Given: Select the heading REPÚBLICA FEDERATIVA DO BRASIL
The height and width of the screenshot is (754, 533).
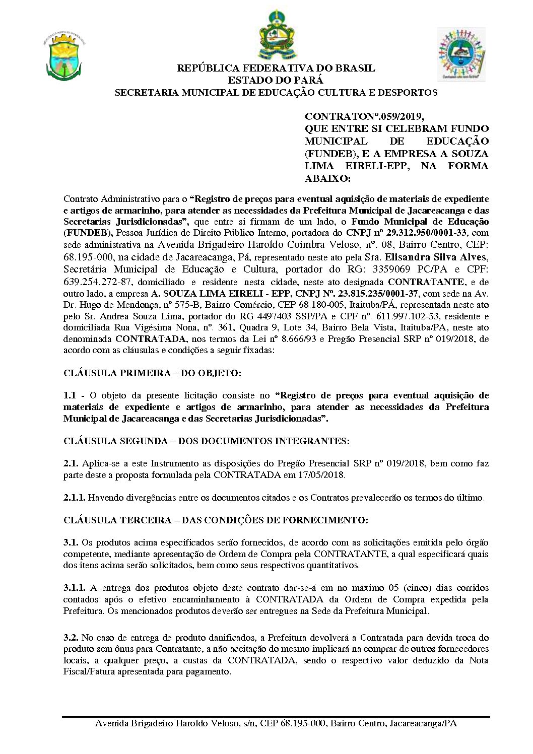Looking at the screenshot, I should (x=276, y=68).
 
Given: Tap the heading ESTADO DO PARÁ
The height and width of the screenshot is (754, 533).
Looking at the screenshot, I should (x=276, y=80).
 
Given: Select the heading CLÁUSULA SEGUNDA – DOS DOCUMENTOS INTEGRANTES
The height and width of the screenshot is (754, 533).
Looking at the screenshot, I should (x=206, y=441).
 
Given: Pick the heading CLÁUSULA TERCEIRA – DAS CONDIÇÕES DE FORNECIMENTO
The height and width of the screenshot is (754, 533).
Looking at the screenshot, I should (x=216, y=520).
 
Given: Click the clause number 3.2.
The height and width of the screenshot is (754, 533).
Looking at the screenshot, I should (x=71, y=638).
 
